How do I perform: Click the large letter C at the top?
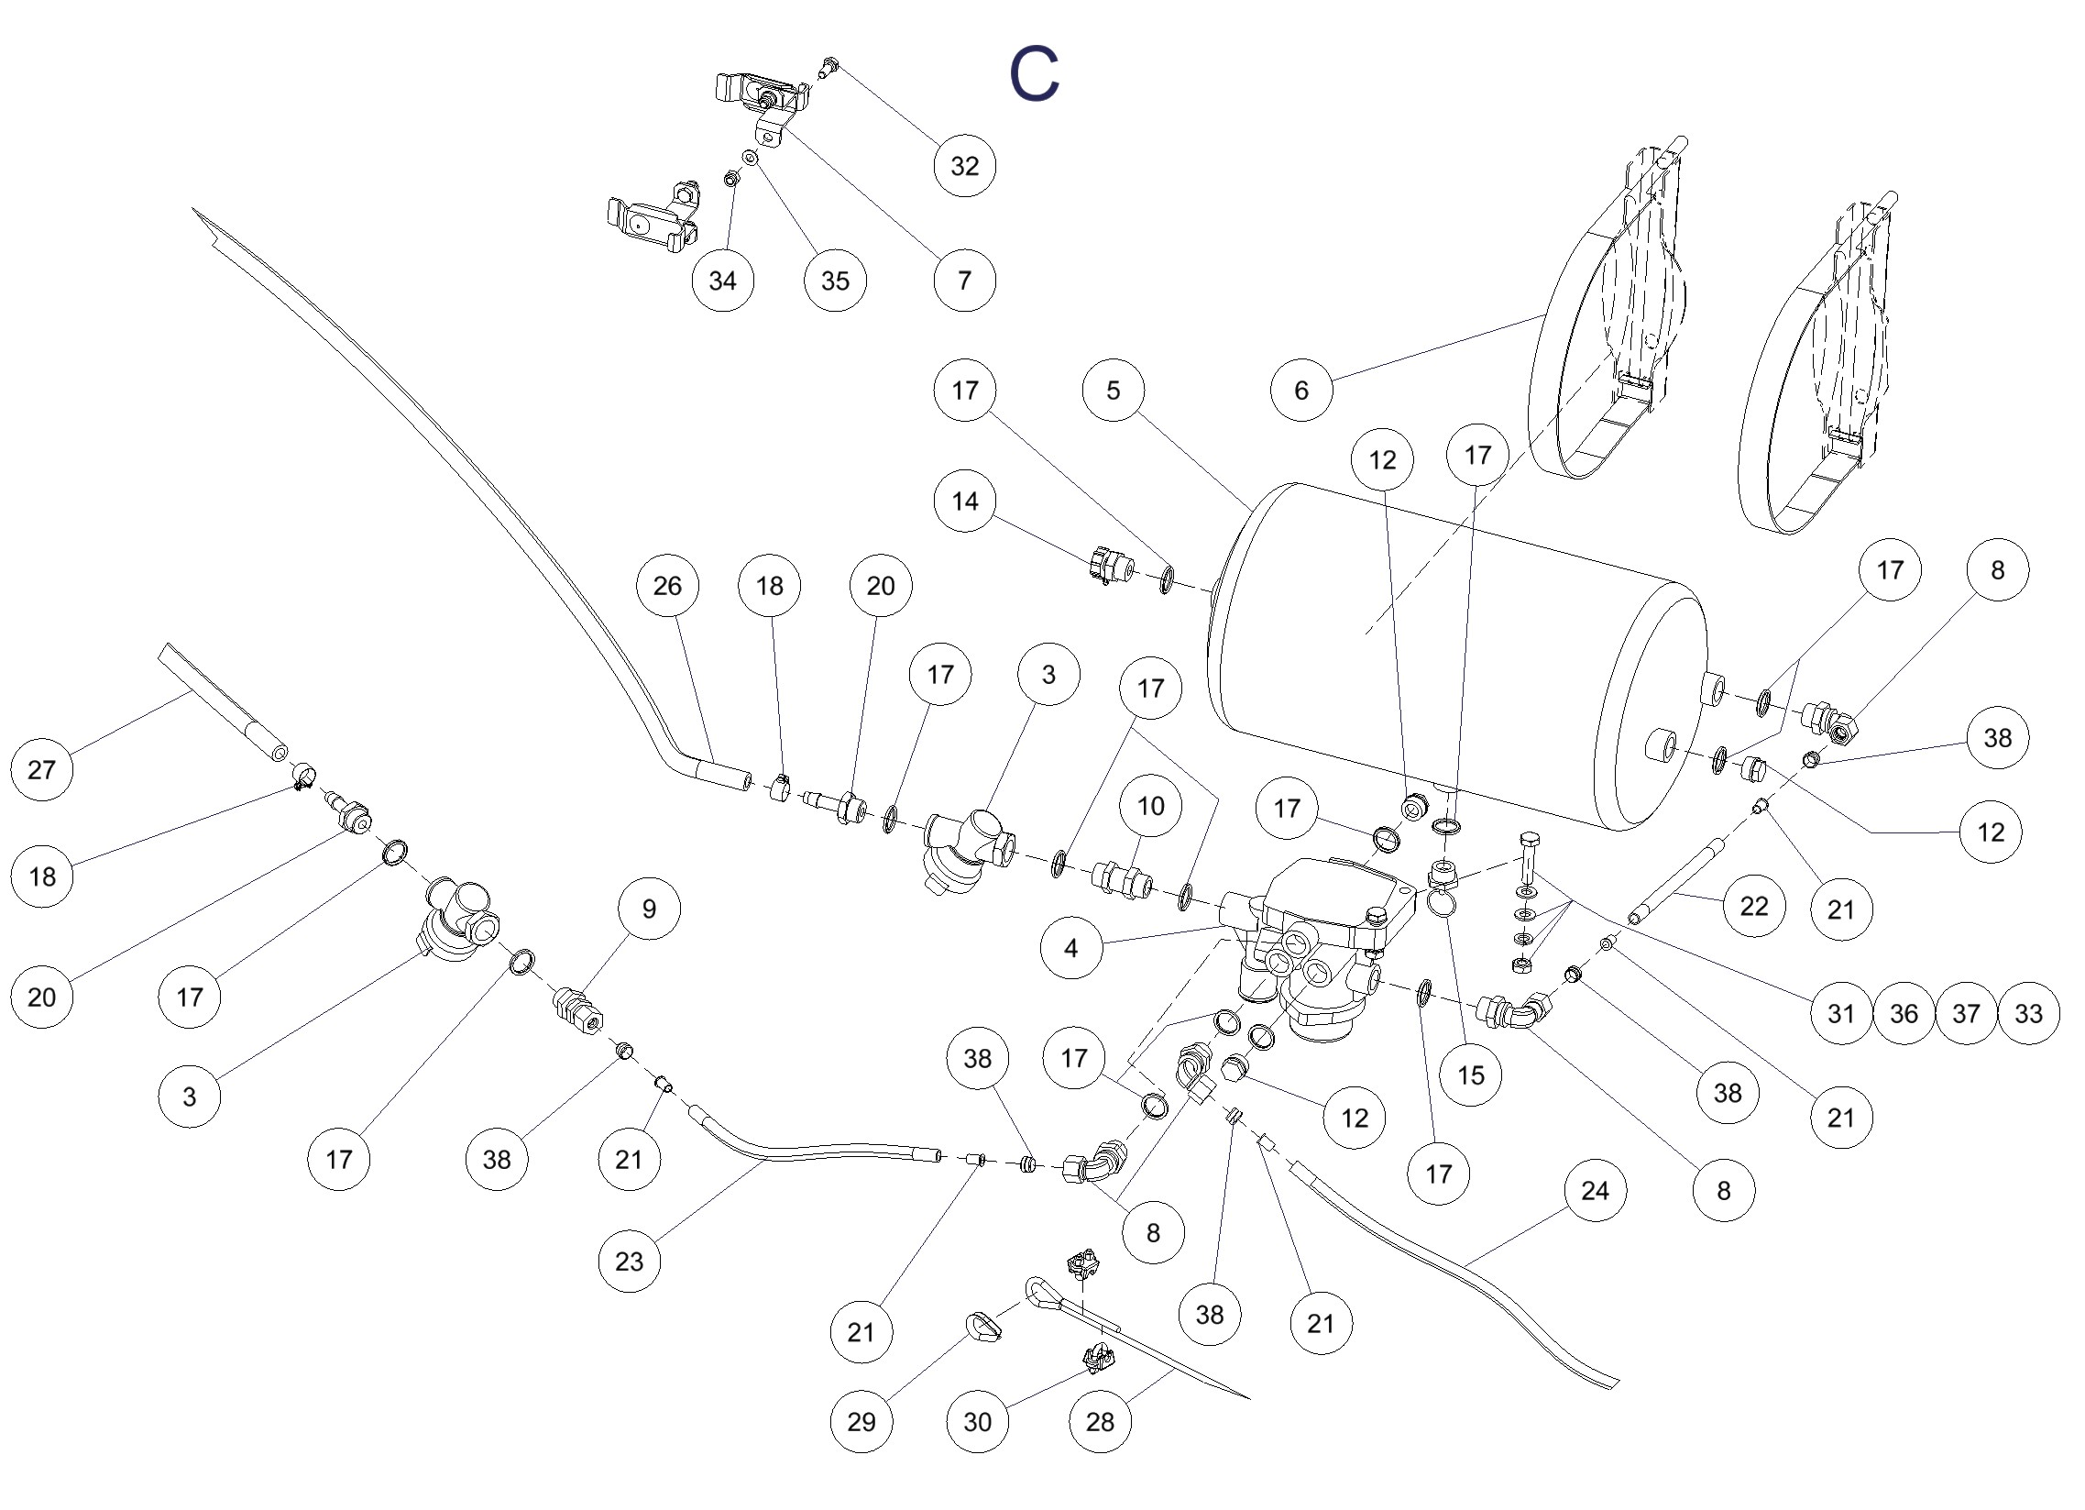coord(1034,74)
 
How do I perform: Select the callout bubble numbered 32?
coord(964,166)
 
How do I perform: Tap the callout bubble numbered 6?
coord(1300,390)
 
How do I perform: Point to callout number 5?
coord(1114,390)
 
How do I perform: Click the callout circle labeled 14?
coord(964,501)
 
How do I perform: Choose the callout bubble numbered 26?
coord(667,586)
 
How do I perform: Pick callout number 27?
coord(41,769)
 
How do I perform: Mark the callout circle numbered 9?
coord(649,909)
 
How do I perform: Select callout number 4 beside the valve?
coord(1071,947)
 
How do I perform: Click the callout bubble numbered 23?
coord(629,1261)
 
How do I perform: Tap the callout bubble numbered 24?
coord(1595,1191)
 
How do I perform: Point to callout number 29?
coord(861,1422)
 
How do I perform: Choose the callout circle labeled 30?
coord(977,1422)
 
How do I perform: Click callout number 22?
coord(1754,906)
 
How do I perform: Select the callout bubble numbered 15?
coord(1471,1075)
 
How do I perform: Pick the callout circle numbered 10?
coord(1151,807)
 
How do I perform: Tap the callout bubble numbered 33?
coord(2028,1013)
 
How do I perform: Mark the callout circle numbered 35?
coord(835,281)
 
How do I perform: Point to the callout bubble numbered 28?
coord(1100,1422)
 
